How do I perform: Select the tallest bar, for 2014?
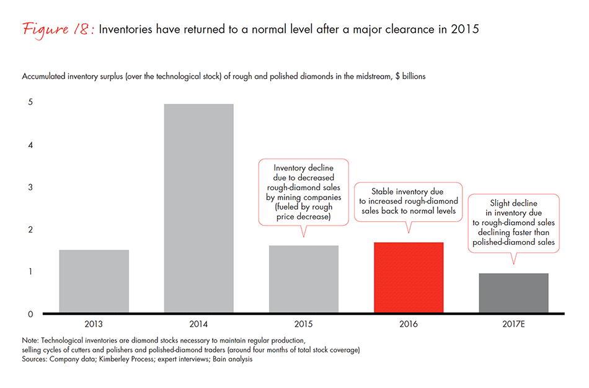tap(199, 208)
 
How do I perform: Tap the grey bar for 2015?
tap(304, 279)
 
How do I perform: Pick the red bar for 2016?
tap(409, 277)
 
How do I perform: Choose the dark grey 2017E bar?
tap(513, 293)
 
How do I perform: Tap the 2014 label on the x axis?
tap(199, 324)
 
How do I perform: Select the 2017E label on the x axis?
tap(513, 324)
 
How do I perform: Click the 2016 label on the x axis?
tap(409, 324)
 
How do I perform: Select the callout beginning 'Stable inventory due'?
tap(409, 201)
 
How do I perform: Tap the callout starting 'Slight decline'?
tap(513, 223)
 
